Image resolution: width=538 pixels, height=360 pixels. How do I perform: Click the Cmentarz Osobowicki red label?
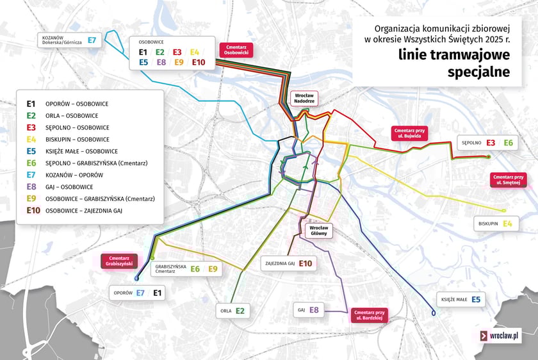236,51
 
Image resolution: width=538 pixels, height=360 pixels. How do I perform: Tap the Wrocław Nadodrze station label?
304,99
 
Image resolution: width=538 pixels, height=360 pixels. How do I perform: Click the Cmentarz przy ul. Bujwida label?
410,133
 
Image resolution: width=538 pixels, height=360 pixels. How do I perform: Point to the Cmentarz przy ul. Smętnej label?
510,179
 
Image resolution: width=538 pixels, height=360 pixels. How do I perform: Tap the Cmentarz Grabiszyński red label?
120,260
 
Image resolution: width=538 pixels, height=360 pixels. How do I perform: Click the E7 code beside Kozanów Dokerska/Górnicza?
92,40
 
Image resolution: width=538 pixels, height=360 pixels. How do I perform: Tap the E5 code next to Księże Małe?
476,299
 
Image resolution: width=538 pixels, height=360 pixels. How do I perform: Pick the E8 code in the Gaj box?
314,310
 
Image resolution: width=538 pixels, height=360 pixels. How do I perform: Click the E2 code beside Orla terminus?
240,311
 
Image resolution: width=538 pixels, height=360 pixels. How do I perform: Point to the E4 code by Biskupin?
507,224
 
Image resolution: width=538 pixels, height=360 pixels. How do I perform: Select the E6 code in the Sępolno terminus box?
509,143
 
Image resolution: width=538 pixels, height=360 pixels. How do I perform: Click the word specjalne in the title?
478,71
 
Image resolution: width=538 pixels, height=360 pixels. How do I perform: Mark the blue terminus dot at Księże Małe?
434,313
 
